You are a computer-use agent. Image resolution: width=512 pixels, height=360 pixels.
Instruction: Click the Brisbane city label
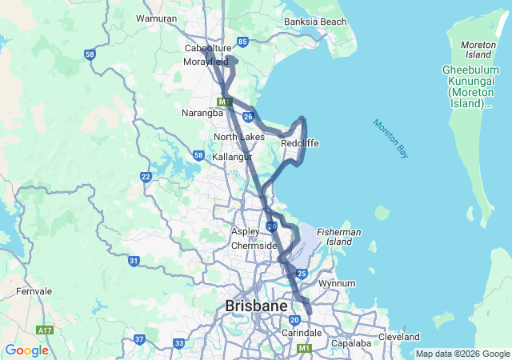tap(256, 306)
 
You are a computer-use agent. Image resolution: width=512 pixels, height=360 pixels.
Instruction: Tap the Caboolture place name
tap(207, 48)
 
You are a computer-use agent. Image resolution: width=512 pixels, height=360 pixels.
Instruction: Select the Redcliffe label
tap(300, 143)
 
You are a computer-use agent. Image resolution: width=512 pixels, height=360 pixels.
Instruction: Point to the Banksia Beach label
tap(315, 21)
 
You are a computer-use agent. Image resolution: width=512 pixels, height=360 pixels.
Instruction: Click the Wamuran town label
tap(156, 18)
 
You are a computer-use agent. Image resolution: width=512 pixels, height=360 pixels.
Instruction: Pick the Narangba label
tap(202, 113)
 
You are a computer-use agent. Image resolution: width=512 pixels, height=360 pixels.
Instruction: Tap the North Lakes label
tap(238, 137)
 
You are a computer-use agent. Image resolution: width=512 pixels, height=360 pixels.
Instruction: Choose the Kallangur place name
tap(232, 157)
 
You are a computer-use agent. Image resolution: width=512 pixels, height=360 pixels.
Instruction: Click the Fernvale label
tap(33, 291)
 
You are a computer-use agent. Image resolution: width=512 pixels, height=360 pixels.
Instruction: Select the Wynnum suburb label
tap(337, 283)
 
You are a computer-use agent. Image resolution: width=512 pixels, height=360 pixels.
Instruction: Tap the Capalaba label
tap(352, 343)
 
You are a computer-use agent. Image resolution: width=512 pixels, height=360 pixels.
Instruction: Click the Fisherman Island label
tap(338, 236)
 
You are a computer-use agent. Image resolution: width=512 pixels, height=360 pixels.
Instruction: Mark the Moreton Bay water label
tap(390, 138)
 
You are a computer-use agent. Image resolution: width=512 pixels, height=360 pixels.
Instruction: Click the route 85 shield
tap(242, 41)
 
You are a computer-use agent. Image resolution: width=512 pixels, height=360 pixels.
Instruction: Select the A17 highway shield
tap(45, 330)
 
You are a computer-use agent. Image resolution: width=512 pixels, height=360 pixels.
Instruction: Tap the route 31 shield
tap(134, 261)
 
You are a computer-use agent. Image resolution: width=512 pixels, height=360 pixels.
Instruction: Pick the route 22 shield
tap(146, 177)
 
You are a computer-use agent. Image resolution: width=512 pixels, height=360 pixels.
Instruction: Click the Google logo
tap(26, 350)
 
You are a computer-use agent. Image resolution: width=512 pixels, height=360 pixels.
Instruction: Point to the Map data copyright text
tap(462, 354)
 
